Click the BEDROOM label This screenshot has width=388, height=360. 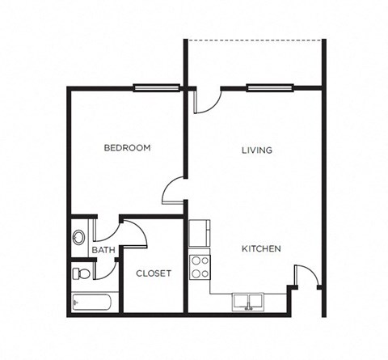[128, 148]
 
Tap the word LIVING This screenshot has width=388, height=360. [257, 150]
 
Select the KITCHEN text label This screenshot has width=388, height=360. [261, 249]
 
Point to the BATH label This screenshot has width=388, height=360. [103, 251]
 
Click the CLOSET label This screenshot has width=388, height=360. [154, 273]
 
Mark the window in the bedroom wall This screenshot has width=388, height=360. [155, 87]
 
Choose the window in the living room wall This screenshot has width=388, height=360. [268, 87]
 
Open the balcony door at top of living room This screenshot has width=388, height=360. [205, 100]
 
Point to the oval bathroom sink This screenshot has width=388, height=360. [79, 238]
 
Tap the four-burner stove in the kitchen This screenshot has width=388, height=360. [200, 267]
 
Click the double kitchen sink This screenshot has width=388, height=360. [247, 302]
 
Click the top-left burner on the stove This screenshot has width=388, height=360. [195, 261]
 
